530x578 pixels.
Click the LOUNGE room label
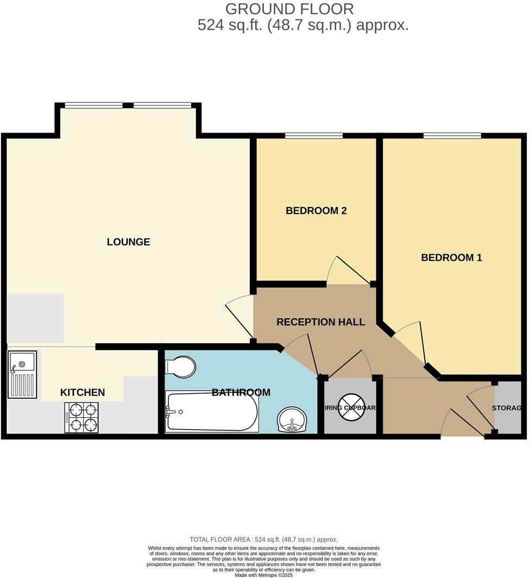pos(128,242)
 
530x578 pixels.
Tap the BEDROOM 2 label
pos(316,211)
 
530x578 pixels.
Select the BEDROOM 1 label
pos(451,257)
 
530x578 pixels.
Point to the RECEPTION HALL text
pos(320,322)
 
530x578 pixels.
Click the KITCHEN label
pos(82,392)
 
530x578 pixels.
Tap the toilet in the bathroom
pos(180,367)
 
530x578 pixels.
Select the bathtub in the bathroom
pos(212,411)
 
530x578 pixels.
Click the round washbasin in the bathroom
pos(292,419)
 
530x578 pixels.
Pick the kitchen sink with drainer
pos(22,374)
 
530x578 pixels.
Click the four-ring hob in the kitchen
pos(81,418)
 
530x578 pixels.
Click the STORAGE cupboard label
pos(507,408)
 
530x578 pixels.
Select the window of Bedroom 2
pos(313,135)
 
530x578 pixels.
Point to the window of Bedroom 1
pos(452,135)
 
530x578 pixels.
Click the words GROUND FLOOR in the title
pos(289,9)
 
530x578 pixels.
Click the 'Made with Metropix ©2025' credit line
pos(263,575)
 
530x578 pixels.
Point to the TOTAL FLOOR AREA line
pos(263,539)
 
